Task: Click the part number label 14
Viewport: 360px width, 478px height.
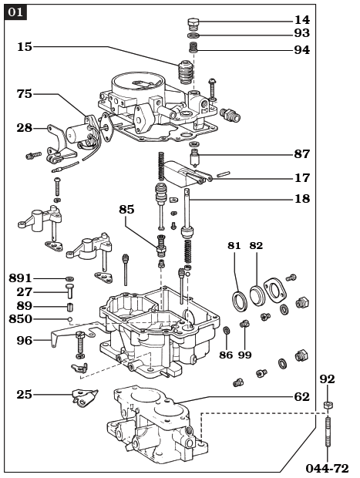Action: pos(301,20)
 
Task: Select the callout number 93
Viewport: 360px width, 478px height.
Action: pos(301,34)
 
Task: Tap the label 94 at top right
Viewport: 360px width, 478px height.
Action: pos(301,50)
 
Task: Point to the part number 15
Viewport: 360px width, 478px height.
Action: pos(25,47)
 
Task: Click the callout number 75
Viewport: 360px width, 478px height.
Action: pos(25,94)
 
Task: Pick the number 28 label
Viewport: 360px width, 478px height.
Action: pos(25,128)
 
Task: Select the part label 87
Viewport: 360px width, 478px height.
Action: pos(301,154)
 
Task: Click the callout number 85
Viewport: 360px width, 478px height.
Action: pos(126,209)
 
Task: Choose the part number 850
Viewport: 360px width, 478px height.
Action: pos(21,319)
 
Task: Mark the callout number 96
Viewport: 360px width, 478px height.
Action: pos(25,340)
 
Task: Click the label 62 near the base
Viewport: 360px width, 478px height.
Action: pos(301,397)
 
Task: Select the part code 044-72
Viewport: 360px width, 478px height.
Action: pos(327,468)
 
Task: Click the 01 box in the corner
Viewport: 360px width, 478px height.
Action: pos(15,12)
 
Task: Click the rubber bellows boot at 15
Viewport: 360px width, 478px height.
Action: pos(184,74)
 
